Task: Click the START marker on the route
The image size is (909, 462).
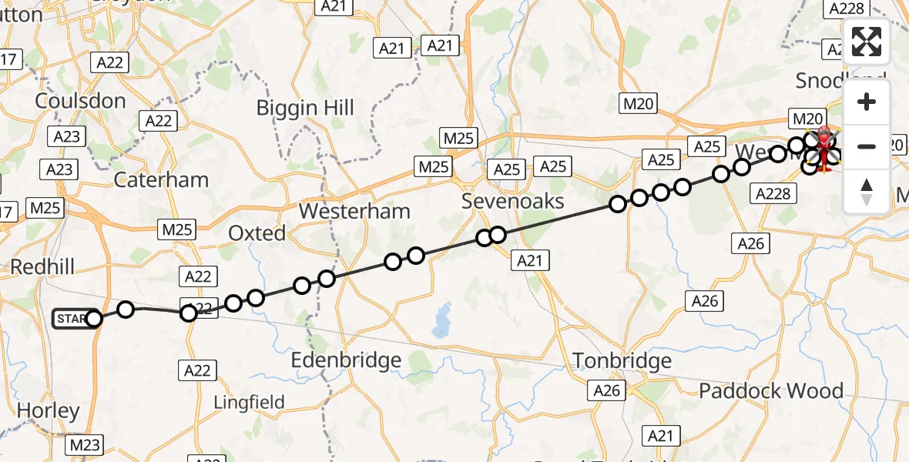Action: pyautogui.click(x=75, y=319)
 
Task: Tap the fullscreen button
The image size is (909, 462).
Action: pyautogui.click(x=867, y=42)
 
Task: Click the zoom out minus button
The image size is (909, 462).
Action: pyautogui.click(x=867, y=146)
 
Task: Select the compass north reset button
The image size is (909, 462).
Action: pyautogui.click(x=867, y=191)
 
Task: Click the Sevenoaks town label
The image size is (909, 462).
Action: pyautogui.click(x=512, y=202)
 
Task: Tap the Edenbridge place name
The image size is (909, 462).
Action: pyautogui.click(x=346, y=360)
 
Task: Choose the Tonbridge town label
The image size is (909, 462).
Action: pyautogui.click(x=622, y=360)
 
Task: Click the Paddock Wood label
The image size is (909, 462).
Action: pyautogui.click(x=770, y=390)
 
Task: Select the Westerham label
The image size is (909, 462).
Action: pyautogui.click(x=354, y=210)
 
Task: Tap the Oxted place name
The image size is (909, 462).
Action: pyautogui.click(x=257, y=233)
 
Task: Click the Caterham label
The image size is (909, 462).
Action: pyautogui.click(x=161, y=179)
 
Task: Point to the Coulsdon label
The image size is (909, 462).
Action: pyautogui.click(x=80, y=101)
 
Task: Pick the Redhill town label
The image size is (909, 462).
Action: pyautogui.click(x=42, y=266)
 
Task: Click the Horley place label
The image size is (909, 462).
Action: pyautogui.click(x=48, y=410)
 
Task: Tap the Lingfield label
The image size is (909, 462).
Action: pyautogui.click(x=249, y=401)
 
